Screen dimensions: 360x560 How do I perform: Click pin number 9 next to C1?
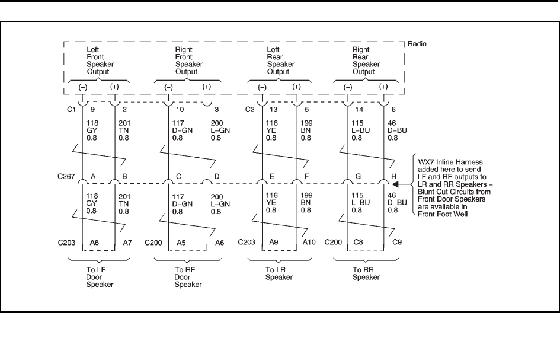pos(91,109)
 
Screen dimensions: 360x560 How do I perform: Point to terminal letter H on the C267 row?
pos(394,176)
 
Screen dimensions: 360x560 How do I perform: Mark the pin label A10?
pos(308,243)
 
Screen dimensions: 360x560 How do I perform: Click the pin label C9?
pos(395,243)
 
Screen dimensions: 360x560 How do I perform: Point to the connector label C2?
pos(250,109)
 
